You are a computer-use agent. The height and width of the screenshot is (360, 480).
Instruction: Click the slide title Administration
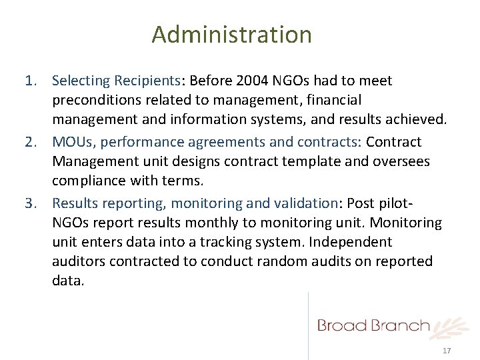pos(231,34)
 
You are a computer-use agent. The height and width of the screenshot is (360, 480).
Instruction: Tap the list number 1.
pos(29,81)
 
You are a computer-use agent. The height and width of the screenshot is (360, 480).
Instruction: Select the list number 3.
pos(29,203)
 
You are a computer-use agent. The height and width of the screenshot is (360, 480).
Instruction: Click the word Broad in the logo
pos(343,325)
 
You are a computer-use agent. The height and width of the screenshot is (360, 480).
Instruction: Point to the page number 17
pos(447,351)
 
